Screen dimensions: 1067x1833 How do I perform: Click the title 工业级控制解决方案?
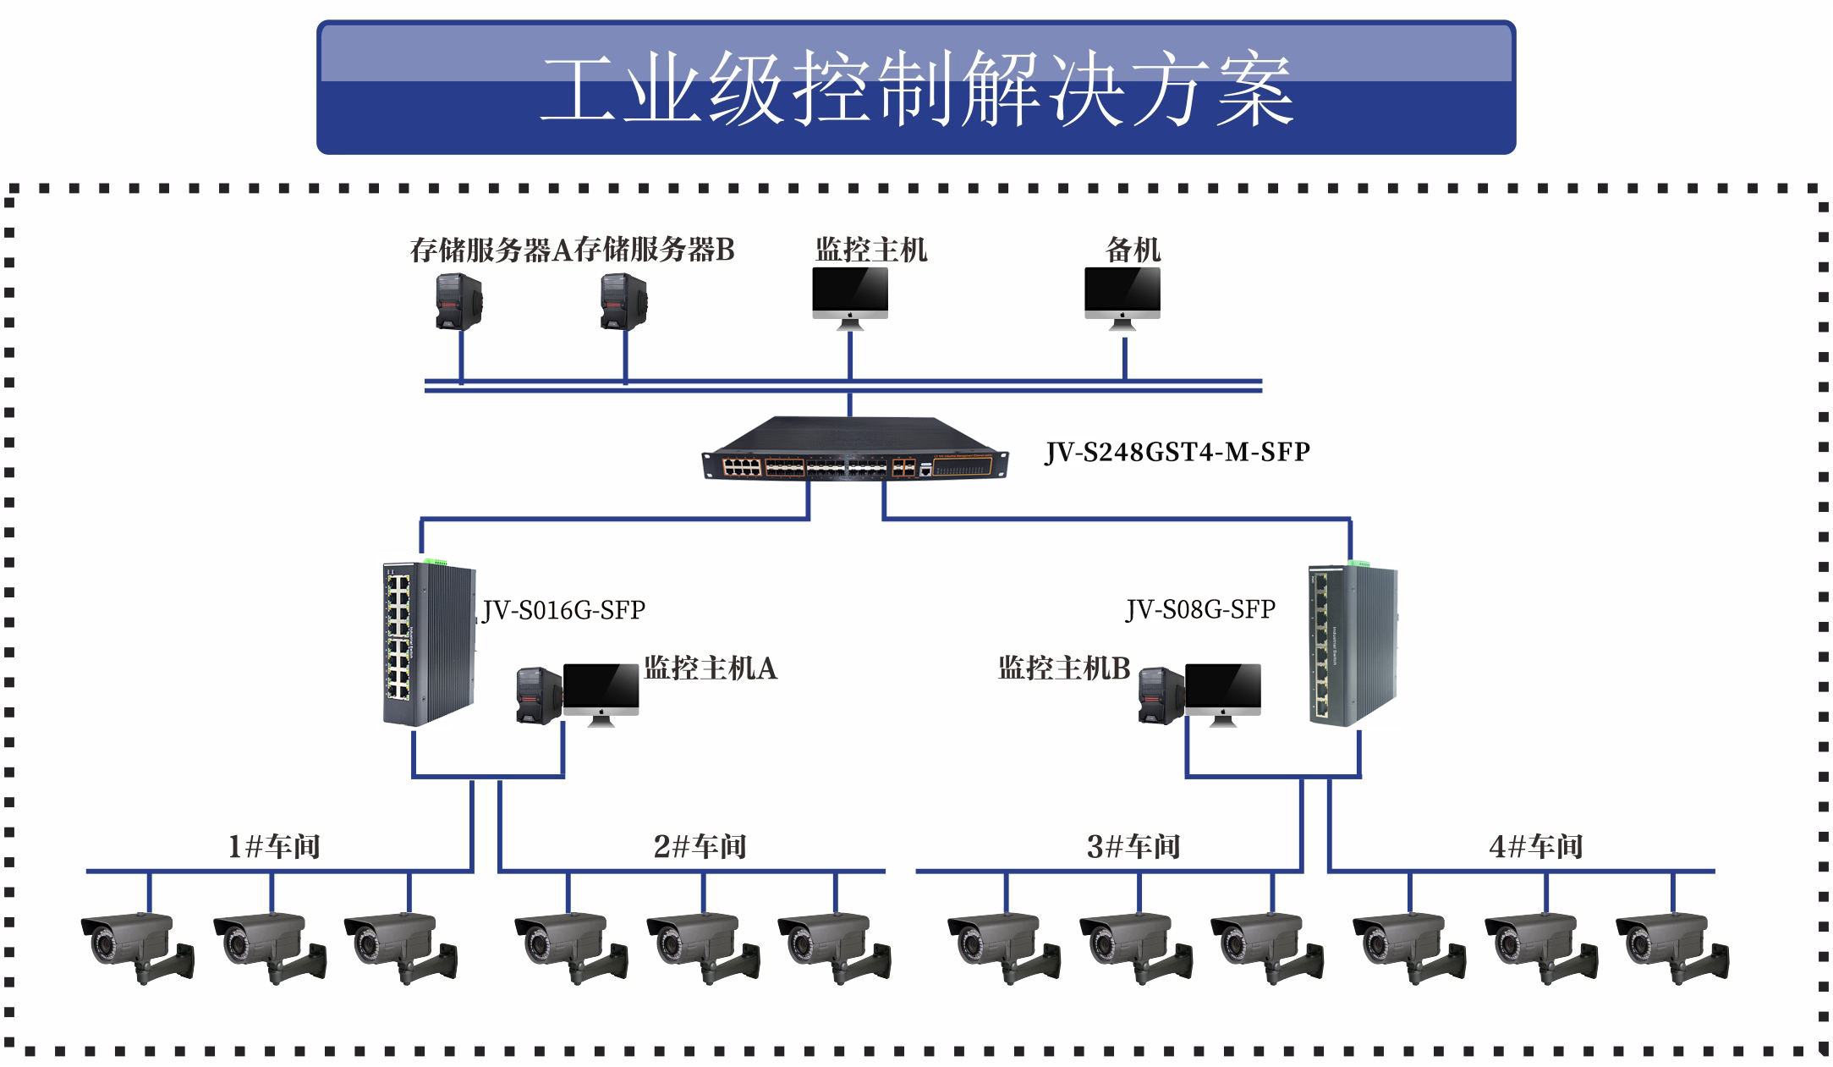click(916, 88)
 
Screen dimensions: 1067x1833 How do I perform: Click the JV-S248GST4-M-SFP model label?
click(1177, 453)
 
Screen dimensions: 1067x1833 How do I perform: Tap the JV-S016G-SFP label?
click(563, 610)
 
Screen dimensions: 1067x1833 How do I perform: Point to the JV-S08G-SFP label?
click(1200, 609)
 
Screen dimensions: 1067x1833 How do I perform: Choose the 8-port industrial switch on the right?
click(1353, 643)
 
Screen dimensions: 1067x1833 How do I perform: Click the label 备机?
click(1133, 250)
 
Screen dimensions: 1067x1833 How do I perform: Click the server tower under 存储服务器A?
click(458, 301)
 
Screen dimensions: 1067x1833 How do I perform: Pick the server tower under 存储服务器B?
click(623, 301)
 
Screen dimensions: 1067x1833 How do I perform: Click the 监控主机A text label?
click(711, 668)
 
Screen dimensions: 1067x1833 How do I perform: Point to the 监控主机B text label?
click(1064, 668)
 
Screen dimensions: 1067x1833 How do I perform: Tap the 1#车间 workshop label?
click(274, 846)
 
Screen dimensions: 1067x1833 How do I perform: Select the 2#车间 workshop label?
click(700, 846)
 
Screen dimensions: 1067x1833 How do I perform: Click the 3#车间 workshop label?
click(1133, 846)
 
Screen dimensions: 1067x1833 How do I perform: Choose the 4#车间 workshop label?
click(1536, 846)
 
